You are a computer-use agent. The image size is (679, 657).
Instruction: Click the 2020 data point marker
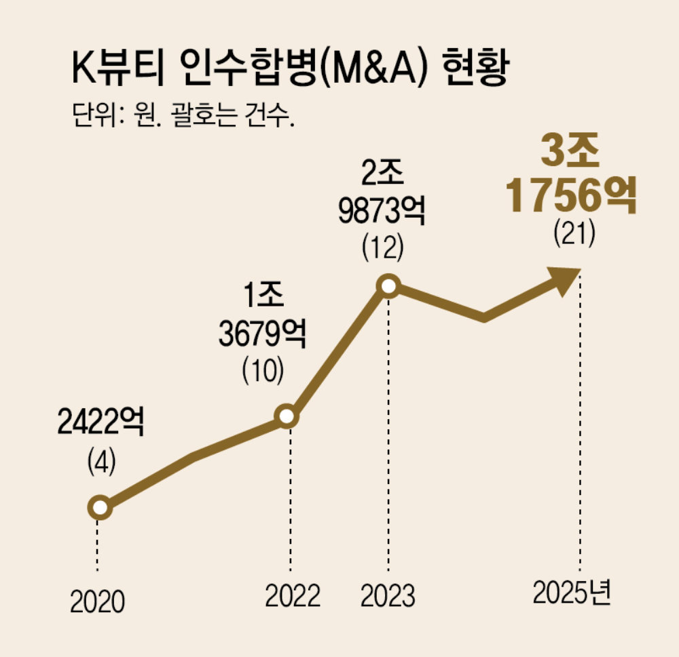coord(99,507)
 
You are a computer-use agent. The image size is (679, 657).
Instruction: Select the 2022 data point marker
coord(287,416)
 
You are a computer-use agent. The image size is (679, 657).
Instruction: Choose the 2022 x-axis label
coord(292,597)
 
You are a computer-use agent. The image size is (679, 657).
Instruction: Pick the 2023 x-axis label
coord(388,597)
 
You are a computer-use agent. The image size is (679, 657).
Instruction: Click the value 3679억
coord(262,334)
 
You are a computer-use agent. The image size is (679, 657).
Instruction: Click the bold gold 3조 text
coord(570,155)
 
